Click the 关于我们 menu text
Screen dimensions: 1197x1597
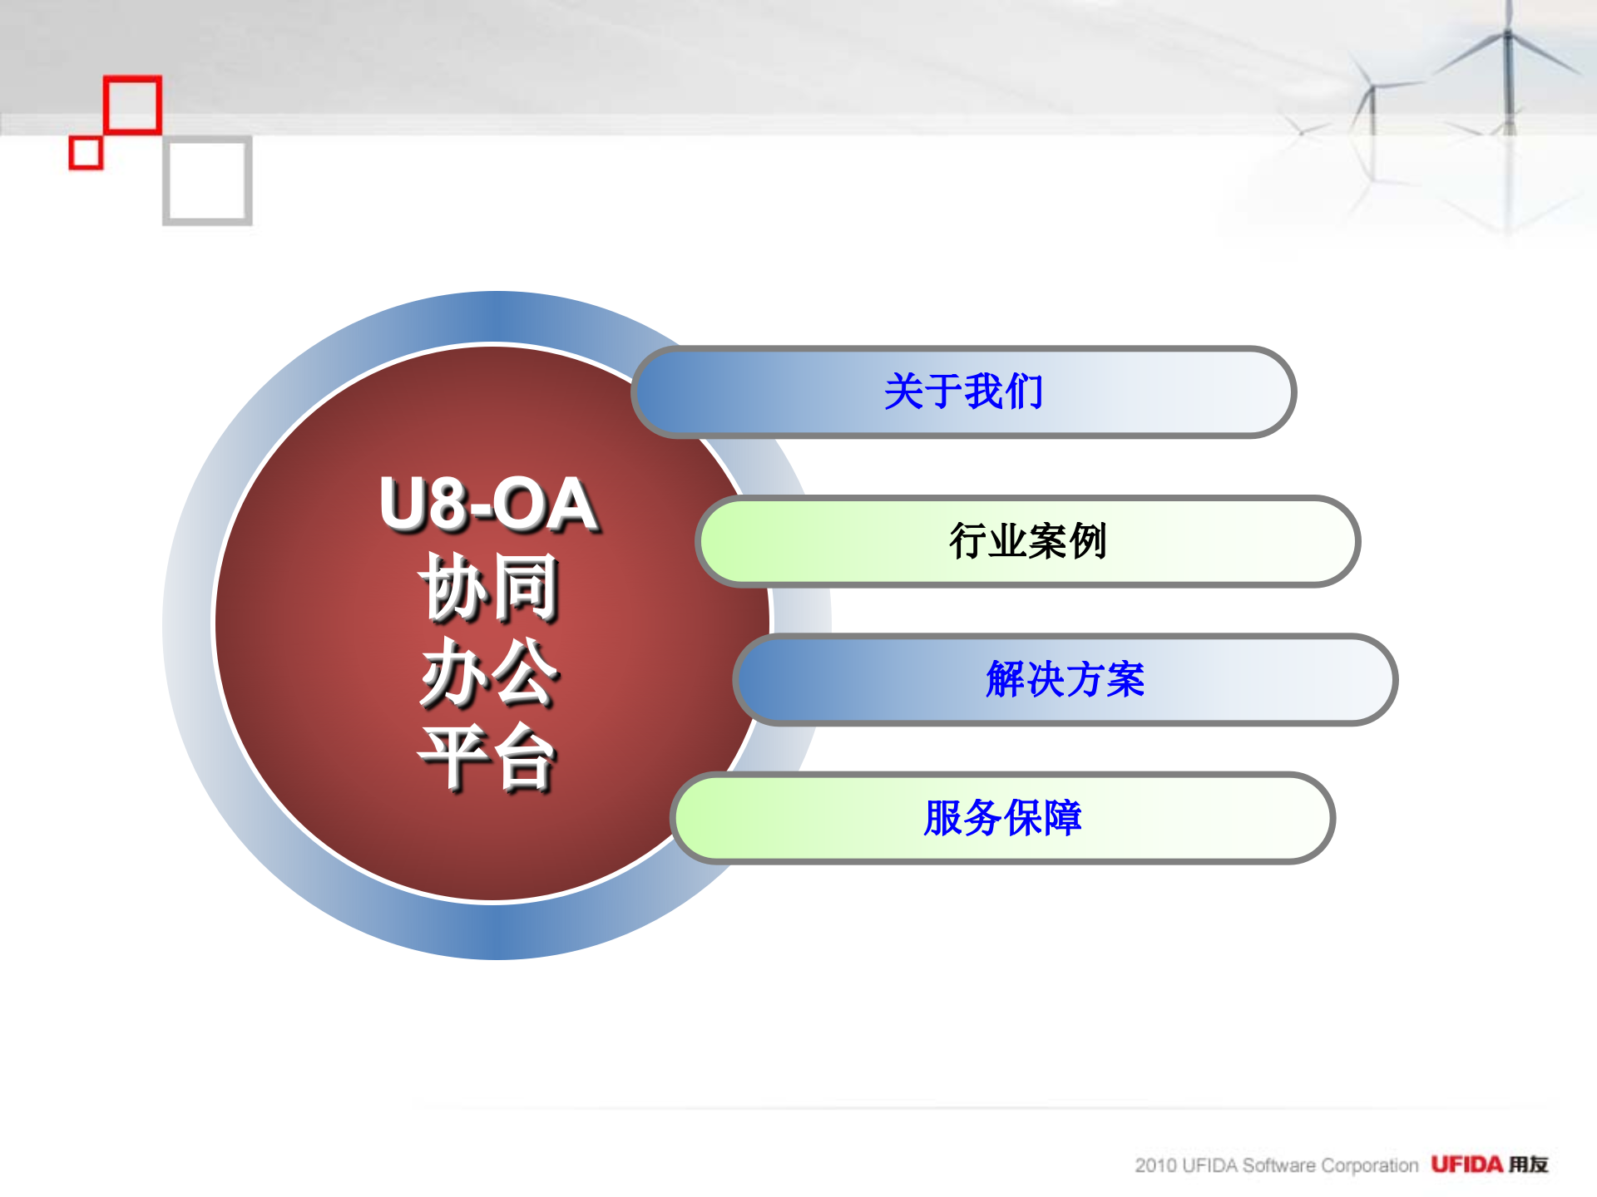tap(963, 392)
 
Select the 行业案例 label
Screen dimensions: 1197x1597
tap(1028, 541)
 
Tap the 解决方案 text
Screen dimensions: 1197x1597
tap(1065, 679)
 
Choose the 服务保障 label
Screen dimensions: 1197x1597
tap(1002, 817)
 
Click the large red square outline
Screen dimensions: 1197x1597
tap(132, 105)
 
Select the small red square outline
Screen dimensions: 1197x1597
tap(86, 153)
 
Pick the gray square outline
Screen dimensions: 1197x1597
tap(207, 181)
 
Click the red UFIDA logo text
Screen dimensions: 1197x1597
tap(1466, 1165)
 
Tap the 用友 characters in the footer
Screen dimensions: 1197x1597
tap(1529, 1165)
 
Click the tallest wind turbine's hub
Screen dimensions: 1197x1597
tap(1507, 34)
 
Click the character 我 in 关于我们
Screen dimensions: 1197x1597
tap(983, 392)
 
